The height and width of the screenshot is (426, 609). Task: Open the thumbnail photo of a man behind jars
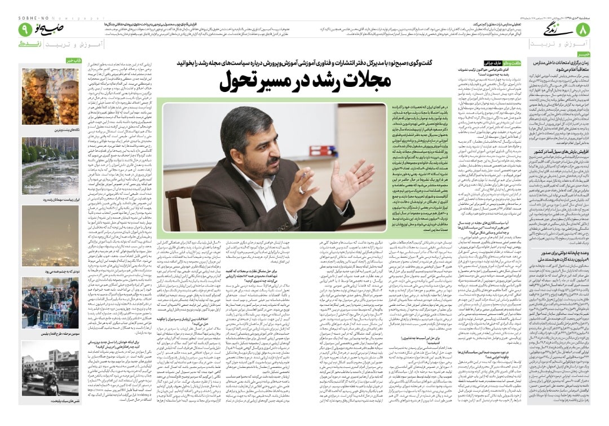pos(50,96)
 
